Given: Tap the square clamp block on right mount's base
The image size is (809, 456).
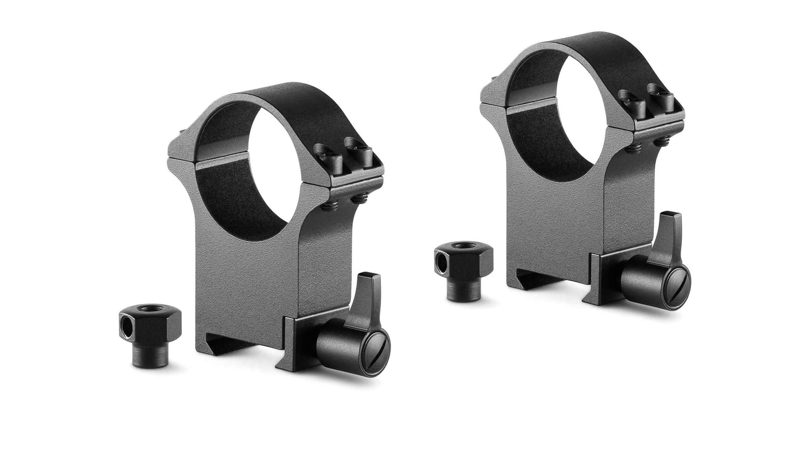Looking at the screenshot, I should point(608,274).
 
